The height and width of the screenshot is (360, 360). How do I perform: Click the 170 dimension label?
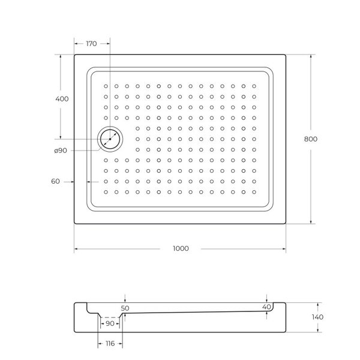click(91, 44)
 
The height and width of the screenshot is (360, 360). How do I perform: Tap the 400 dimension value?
click(62, 99)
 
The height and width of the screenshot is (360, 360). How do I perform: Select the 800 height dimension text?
click(311, 139)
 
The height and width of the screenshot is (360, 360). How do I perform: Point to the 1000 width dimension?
click(181, 248)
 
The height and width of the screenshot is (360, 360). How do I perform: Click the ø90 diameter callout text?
click(61, 151)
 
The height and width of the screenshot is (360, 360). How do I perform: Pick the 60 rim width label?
click(55, 181)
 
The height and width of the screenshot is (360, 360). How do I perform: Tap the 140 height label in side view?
click(317, 317)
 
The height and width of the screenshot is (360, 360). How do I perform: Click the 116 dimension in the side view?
click(110, 343)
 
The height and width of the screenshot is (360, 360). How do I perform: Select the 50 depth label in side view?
click(125, 308)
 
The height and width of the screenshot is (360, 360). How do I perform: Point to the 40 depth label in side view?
click(266, 307)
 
